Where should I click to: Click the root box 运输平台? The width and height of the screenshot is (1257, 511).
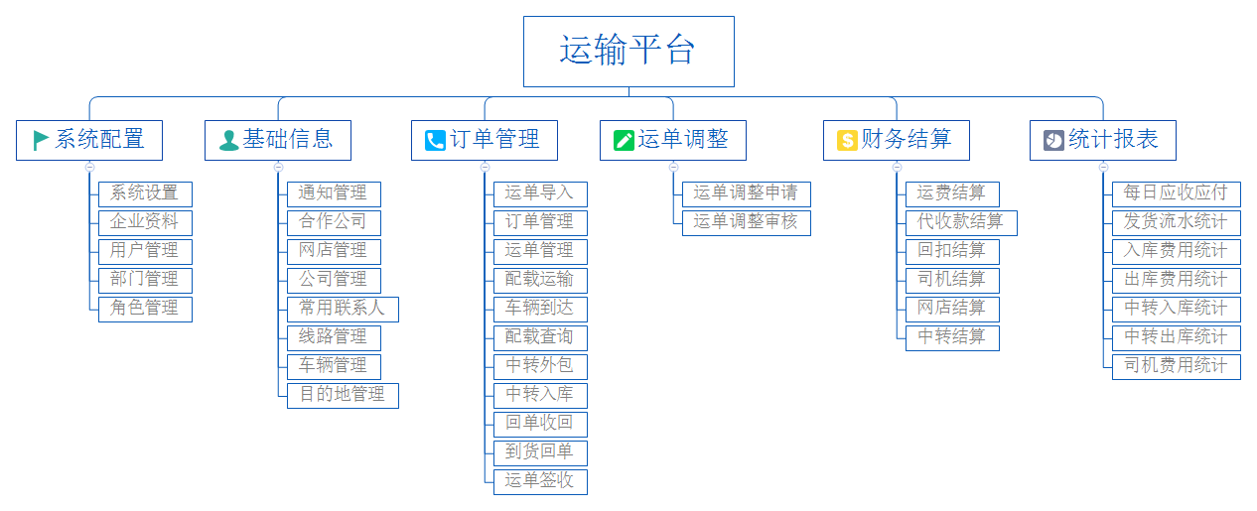tap(628, 52)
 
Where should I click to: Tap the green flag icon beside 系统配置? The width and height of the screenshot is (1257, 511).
tap(41, 140)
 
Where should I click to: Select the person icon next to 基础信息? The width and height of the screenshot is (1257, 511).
tap(229, 140)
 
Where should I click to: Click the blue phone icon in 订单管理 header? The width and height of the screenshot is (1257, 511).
tap(435, 140)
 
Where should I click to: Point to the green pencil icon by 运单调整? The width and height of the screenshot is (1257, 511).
tap(624, 140)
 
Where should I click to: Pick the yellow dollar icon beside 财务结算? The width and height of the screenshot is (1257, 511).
tap(847, 140)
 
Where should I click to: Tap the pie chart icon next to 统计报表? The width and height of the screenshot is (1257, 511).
tap(1053, 140)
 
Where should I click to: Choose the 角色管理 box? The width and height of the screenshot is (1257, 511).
tap(145, 309)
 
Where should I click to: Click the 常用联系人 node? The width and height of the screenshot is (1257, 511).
tap(343, 309)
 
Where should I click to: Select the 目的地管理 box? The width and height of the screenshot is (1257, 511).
tap(343, 395)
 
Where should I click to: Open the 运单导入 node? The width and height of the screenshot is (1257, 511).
tap(540, 193)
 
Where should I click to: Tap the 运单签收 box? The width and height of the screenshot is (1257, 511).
tap(540, 481)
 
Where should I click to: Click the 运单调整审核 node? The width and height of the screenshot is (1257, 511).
tap(746, 222)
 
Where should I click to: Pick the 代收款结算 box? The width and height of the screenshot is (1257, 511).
tap(960, 222)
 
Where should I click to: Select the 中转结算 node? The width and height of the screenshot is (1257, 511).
tap(951, 337)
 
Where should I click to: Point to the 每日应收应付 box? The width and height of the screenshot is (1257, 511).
tap(1176, 193)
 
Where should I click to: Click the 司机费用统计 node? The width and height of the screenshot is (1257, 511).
tap(1176, 366)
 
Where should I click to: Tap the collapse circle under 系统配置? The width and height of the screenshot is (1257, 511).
tap(89, 167)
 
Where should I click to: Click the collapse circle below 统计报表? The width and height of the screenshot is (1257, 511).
tap(1103, 167)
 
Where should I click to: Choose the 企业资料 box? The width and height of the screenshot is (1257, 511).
tap(145, 222)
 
